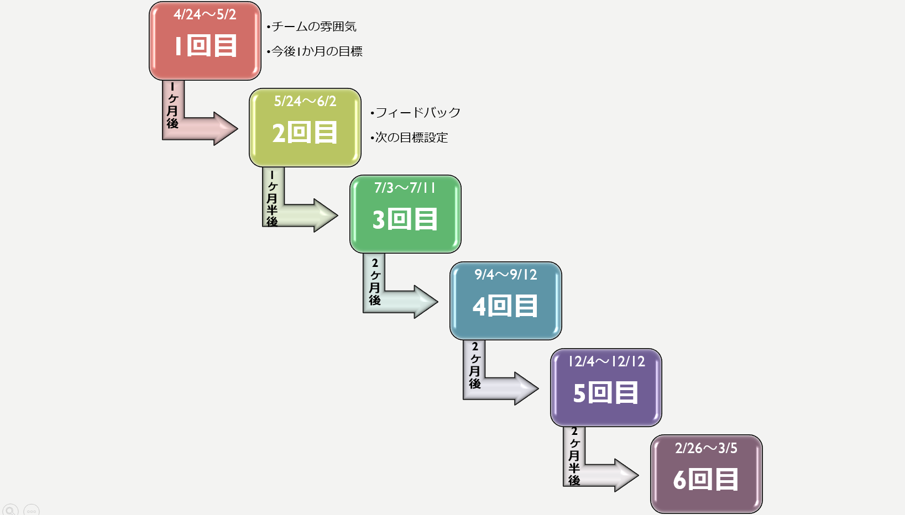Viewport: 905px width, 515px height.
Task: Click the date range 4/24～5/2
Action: click(205, 15)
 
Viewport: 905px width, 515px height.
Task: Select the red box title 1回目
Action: click(206, 46)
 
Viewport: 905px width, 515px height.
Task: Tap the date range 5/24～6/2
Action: click(305, 102)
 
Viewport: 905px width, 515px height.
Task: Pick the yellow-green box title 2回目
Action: click(305, 133)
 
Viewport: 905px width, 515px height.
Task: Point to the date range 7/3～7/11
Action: click(405, 188)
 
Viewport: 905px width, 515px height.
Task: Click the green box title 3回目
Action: click(405, 220)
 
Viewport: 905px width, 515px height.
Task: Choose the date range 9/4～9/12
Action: click(506, 275)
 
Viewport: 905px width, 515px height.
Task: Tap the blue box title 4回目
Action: click(505, 306)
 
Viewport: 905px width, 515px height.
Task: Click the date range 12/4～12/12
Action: click(606, 361)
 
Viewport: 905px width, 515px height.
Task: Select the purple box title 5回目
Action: click(606, 393)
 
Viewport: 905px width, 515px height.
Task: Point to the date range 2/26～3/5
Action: click(706, 448)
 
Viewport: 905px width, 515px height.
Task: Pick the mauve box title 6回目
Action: click(706, 480)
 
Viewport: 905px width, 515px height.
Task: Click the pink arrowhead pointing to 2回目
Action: click(224, 129)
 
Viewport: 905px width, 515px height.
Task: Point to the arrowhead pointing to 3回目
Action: click(325, 216)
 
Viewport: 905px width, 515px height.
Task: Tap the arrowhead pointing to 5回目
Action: click(525, 388)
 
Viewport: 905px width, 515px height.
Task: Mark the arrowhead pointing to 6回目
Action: click(626, 475)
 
